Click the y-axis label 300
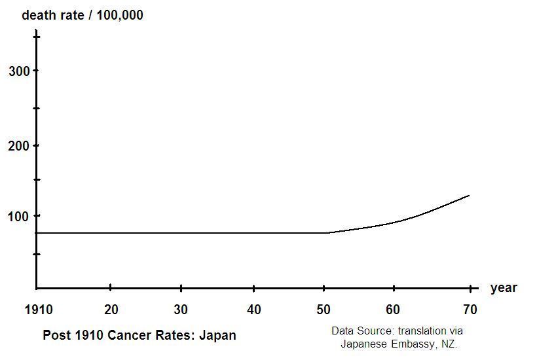click(19, 71)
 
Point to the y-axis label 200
click(19, 146)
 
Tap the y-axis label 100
click(19, 216)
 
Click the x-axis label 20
click(111, 310)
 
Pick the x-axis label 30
click(181, 310)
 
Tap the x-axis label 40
click(254, 310)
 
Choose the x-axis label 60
click(394, 310)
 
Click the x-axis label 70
click(470, 310)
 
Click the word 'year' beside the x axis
click(503, 288)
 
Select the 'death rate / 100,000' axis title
click(83, 15)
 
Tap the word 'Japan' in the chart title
click(217, 335)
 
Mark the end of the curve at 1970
click(469, 195)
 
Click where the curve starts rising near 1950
click(329, 232)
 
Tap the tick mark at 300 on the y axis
click(37, 70)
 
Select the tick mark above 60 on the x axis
click(394, 287)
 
